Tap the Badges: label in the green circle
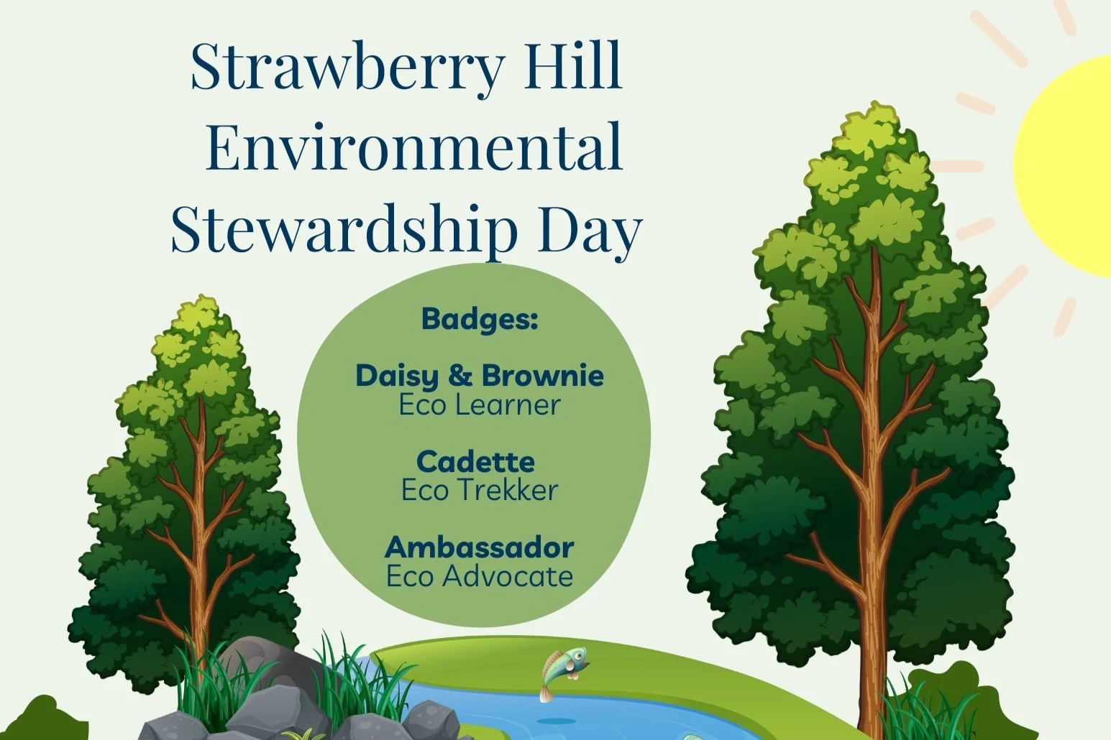(x=480, y=318)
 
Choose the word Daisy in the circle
(x=397, y=376)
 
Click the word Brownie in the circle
(x=543, y=375)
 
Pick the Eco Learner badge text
(x=480, y=405)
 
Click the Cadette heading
(x=475, y=461)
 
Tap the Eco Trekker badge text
(x=480, y=491)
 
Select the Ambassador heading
(x=480, y=547)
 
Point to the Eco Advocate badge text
(x=480, y=576)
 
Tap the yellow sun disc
(x=1071, y=165)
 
